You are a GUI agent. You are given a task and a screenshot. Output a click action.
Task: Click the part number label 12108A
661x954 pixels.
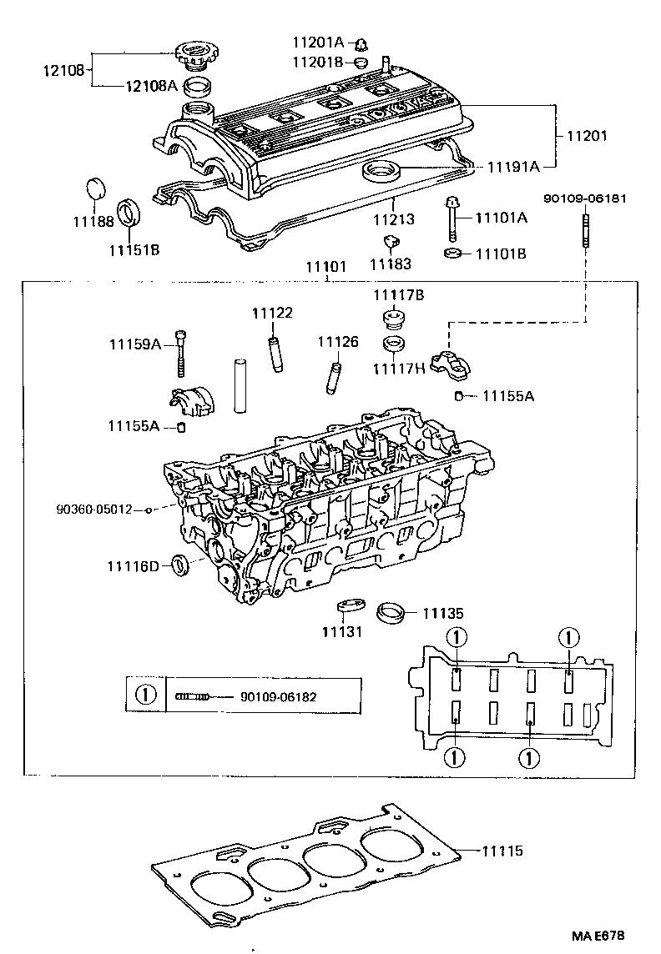[151, 84]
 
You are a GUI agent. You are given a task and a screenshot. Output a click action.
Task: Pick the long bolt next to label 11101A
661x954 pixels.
[452, 218]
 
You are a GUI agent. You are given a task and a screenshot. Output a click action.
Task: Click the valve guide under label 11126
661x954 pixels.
[334, 378]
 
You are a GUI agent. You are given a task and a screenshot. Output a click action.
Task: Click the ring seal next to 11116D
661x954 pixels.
[180, 566]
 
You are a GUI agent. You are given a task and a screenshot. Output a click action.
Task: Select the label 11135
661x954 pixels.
[442, 613]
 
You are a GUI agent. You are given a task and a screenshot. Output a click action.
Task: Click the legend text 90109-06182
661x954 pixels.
[279, 695]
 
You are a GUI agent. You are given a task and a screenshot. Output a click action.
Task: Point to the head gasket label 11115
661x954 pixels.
[502, 851]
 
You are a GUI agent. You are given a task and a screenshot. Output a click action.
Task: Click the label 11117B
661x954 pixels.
[399, 295]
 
